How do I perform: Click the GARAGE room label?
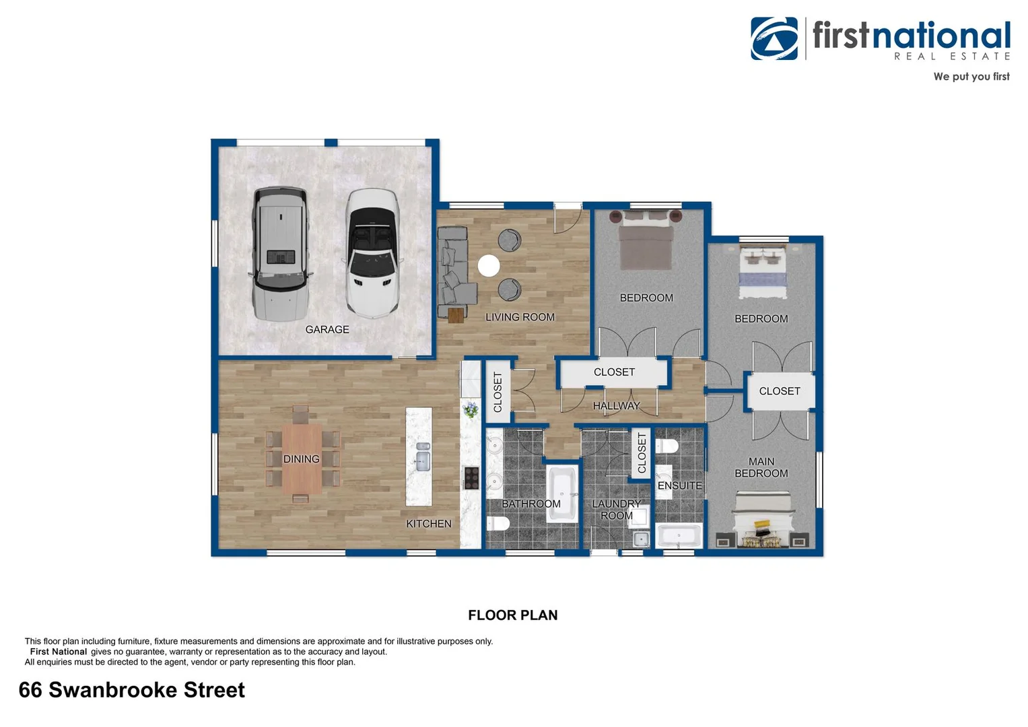pyautogui.click(x=327, y=329)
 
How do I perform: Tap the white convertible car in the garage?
pyautogui.click(x=371, y=253)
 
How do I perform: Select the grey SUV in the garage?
pyautogui.click(x=281, y=254)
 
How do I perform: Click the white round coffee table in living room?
pyautogui.click(x=489, y=266)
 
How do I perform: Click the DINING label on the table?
pyautogui.click(x=301, y=459)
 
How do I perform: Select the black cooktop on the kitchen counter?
pyautogui.click(x=471, y=477)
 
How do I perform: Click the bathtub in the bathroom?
pyautogui.click(x=561, y=495)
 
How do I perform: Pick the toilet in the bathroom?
pyautogui.click(x=498, y=524)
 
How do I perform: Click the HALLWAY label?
pyautogui.click(x=616, y=405)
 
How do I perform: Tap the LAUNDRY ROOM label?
pyautogui.click(x=616, y=510)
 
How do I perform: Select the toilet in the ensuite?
pyautogui.click(x=668, y=446)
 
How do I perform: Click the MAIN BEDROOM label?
pyautogui.click(x=761, y=467)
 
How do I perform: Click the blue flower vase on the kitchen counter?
pyautogui.click(x=471, y=409)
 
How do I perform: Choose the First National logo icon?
pyautogui.click(x=774, y=38)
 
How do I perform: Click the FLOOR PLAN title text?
pyautogui.click(x=512, y=615)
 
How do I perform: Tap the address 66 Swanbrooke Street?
pyautogui.click(x=132, y=690)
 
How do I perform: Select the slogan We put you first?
pyautogui.click(x=971, y=77)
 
